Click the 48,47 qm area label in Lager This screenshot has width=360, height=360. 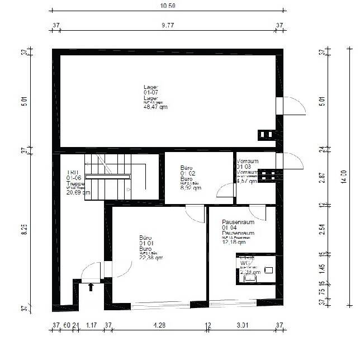coord(155,107)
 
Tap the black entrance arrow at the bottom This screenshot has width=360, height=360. coord(91,287)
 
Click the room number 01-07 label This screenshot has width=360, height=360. coord(151,92)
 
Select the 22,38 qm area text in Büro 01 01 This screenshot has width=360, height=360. coord(151,258)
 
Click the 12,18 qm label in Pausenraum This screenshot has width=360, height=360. coord(234,243)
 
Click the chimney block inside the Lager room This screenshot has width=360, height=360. coord(266,135)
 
